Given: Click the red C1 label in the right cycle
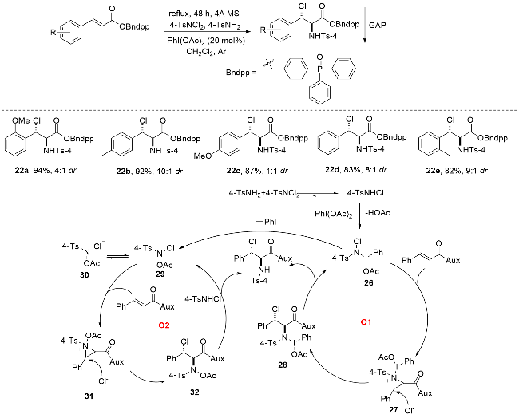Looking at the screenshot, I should point(366,323).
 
